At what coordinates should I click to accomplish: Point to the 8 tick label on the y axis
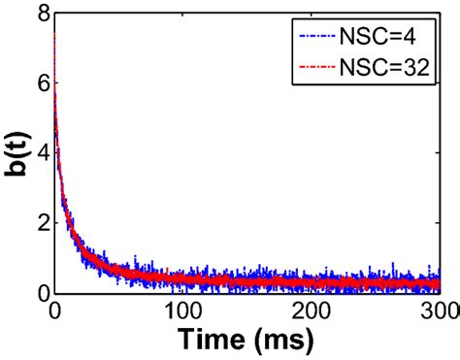point(40,13)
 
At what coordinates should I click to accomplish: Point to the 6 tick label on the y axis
point(40,82)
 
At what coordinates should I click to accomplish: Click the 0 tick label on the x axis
point(53,311)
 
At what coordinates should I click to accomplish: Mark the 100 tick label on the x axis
point(181,311)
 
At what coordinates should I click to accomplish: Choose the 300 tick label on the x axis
point(435,311)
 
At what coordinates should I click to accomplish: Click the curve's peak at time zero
point(53,33)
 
